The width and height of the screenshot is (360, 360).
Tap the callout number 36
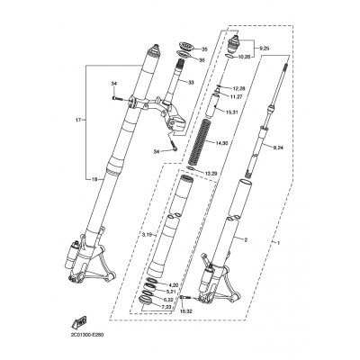(203, 60)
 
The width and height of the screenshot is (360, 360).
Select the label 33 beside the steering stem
(190, 82)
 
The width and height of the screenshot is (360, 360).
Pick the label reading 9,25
(263, 46)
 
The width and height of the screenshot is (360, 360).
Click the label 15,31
(232, 111)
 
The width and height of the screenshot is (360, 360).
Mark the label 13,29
(236, 173)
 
